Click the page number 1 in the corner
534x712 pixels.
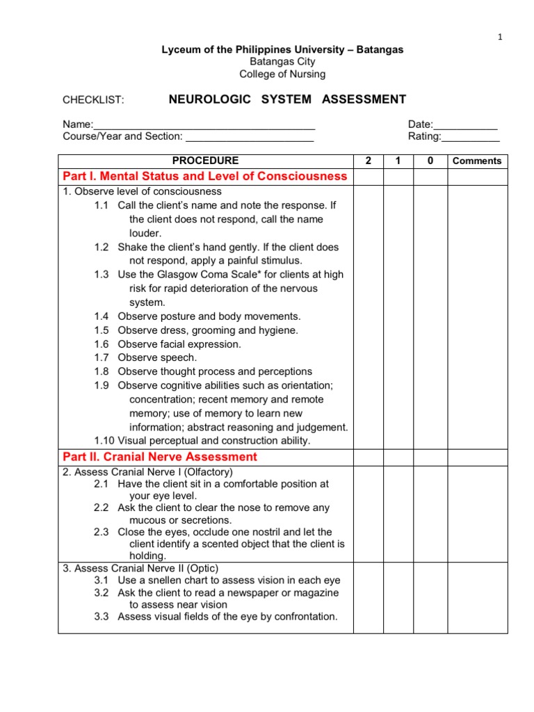click(499, 38)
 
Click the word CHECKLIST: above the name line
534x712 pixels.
click(93, 100)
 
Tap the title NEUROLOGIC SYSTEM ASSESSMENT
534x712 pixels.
click(287, 99)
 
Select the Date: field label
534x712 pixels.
click(421, 124)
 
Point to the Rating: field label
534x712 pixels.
click(424, 136)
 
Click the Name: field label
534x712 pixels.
click(78, 124)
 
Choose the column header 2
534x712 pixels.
click(369, 161)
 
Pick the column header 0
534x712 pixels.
click(430, 161)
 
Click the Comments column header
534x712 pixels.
click(476, 161)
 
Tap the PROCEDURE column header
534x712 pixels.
click(205, 161)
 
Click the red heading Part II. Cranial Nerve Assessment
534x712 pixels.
click(160, 457)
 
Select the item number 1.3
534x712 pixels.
click(102, 275)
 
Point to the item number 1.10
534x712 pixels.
click(104, 441)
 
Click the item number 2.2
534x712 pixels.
click(102, 508)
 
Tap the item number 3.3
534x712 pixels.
click(102, 616)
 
